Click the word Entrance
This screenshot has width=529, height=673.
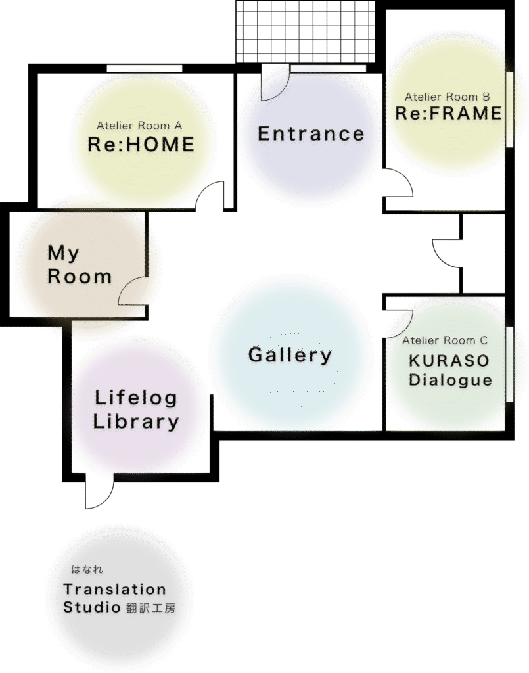(310, 134)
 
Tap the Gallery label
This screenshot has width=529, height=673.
(290, 356)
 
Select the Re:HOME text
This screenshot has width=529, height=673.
(141, 145)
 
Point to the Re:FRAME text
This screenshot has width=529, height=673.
(448, 113)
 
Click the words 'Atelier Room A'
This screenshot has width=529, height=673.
(139, 126)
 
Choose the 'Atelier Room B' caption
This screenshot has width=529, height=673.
(447, 97)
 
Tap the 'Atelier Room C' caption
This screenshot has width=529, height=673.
(445, 340)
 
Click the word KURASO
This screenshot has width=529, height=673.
(449, 361)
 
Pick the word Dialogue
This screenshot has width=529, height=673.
(450, 380)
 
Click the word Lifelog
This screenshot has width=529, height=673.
(136, 398)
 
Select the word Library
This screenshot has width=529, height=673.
(136, 422)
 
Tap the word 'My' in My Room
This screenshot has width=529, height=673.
(63, 253)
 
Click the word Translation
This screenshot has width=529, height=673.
(114, 590)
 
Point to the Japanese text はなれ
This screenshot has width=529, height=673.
(87, 570)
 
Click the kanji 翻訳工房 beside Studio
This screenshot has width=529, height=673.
(150, 609)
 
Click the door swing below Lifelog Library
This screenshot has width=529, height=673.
(99, 493)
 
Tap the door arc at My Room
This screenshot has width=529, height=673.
(133, 290)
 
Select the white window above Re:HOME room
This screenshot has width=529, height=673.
(144, 68)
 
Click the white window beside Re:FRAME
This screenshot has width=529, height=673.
(510, 109)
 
